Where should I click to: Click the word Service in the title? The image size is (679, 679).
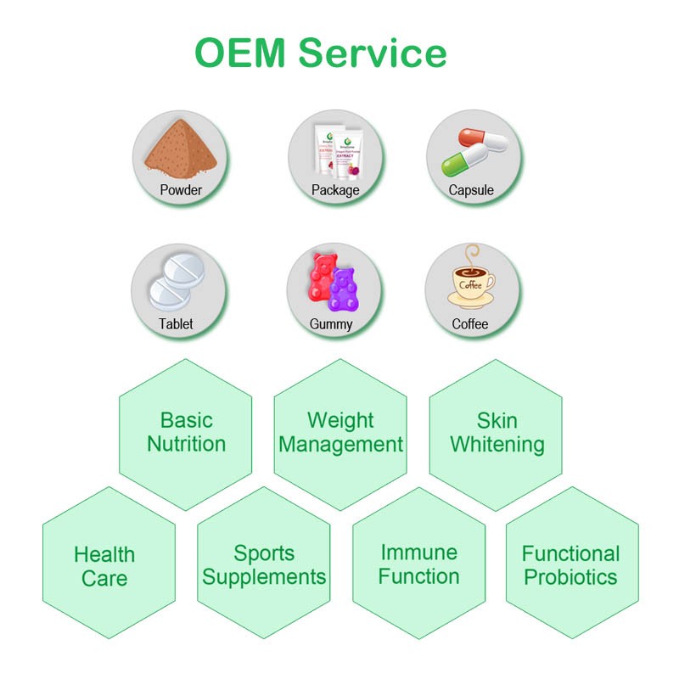pyautogui.click(x=372, y=53)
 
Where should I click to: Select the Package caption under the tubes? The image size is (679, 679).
pyautogui.click(x=335, y=190)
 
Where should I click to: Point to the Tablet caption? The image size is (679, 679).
pyautogui.click(x=176, y=323)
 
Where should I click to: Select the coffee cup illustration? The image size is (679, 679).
pyautogui.click(x=471, y=284)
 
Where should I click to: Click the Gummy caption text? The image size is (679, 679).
pyautogui.click(x=331, y=323)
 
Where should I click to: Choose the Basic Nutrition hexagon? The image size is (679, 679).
pyautogui.click(x=186, y=433)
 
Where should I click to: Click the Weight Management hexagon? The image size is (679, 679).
pyautogui.click(x=340, y=433)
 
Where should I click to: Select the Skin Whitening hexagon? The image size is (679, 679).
pyautogui.click(x=497, y=433)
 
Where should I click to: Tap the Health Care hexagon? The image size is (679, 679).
pyautogui.click(x=105, y=567)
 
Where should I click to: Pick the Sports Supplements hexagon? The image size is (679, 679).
pyautogui.click(x=264, y=565)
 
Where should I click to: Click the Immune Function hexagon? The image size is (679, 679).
pyautogui.click(x=418, y=565)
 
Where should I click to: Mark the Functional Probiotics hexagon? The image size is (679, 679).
pyautogui.click(x=570, y=565)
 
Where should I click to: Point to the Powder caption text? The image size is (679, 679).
pyautogui.click(x=181, y=190)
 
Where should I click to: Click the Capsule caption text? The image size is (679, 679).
pyautogui.click(x=471, y=190)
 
